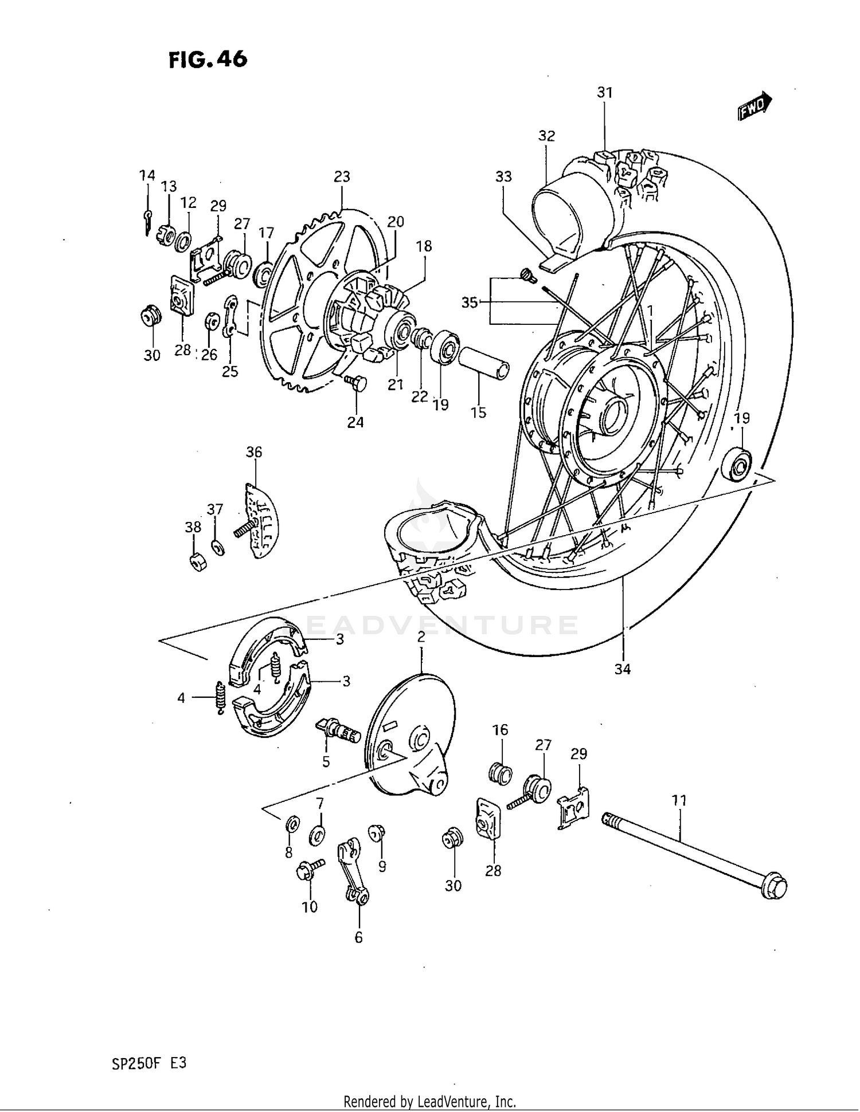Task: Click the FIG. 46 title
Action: pyautogui.click(x=208, y=60)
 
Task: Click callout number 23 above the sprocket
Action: pyautogui.click(x=342, y=176)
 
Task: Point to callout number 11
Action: pyautogui.click(x=679, y=800)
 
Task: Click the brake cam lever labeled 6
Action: pyautogui.click(x=351, y=870)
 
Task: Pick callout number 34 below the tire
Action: pyautogui.click(x=623, y=669)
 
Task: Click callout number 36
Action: pyautogui.click(x=254, y=452)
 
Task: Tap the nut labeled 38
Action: pyautogui.click(x=197, y=563)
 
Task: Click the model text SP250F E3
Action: pyautogui.click(x=149, y=1063)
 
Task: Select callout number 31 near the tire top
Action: pyautogui.click(x=605, y=92)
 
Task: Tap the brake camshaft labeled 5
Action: pyautogui.click(x=337, y=730)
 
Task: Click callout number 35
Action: pyautogui.click(x=470, y=302)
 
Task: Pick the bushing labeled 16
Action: pyautogui.click(x=501, y=774)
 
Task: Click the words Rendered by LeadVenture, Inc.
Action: pyautogui.click(x=429, y=1101)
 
